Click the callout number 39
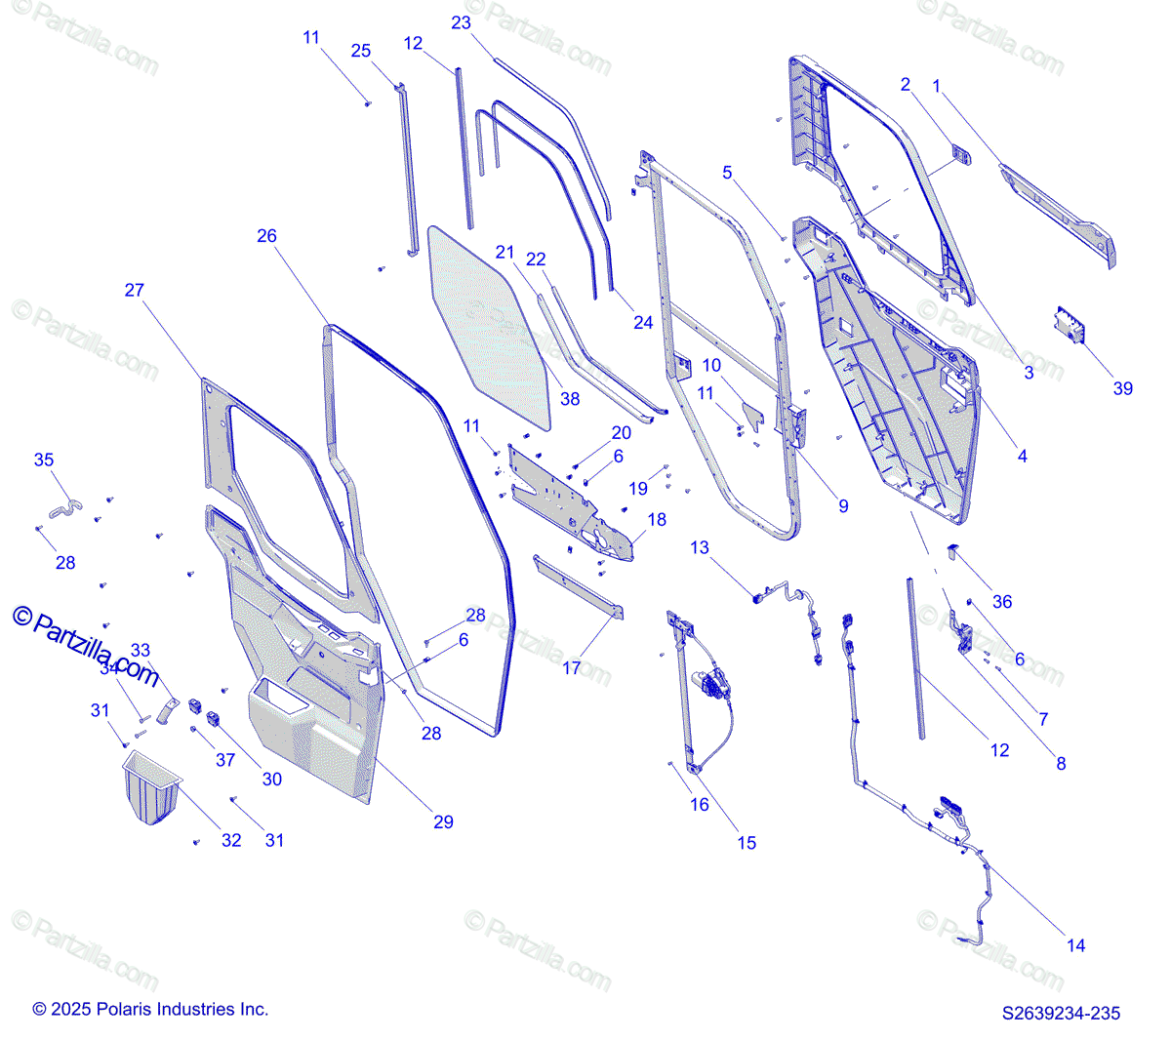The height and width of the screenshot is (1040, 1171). click(1123, 388)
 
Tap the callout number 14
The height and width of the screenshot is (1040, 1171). click(1075, 945)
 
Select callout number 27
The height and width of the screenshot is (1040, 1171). click(135, 290)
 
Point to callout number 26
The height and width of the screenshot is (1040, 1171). click(266, 236)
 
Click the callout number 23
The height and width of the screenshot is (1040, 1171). click(462, 22)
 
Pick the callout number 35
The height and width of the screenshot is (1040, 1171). click(44, 460)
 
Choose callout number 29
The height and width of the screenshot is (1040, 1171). click(443, 822)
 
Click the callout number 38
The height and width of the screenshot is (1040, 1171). click(570, 398)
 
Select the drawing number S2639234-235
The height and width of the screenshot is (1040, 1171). click(1062, 1014)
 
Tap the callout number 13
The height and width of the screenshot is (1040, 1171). click(700, 548)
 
